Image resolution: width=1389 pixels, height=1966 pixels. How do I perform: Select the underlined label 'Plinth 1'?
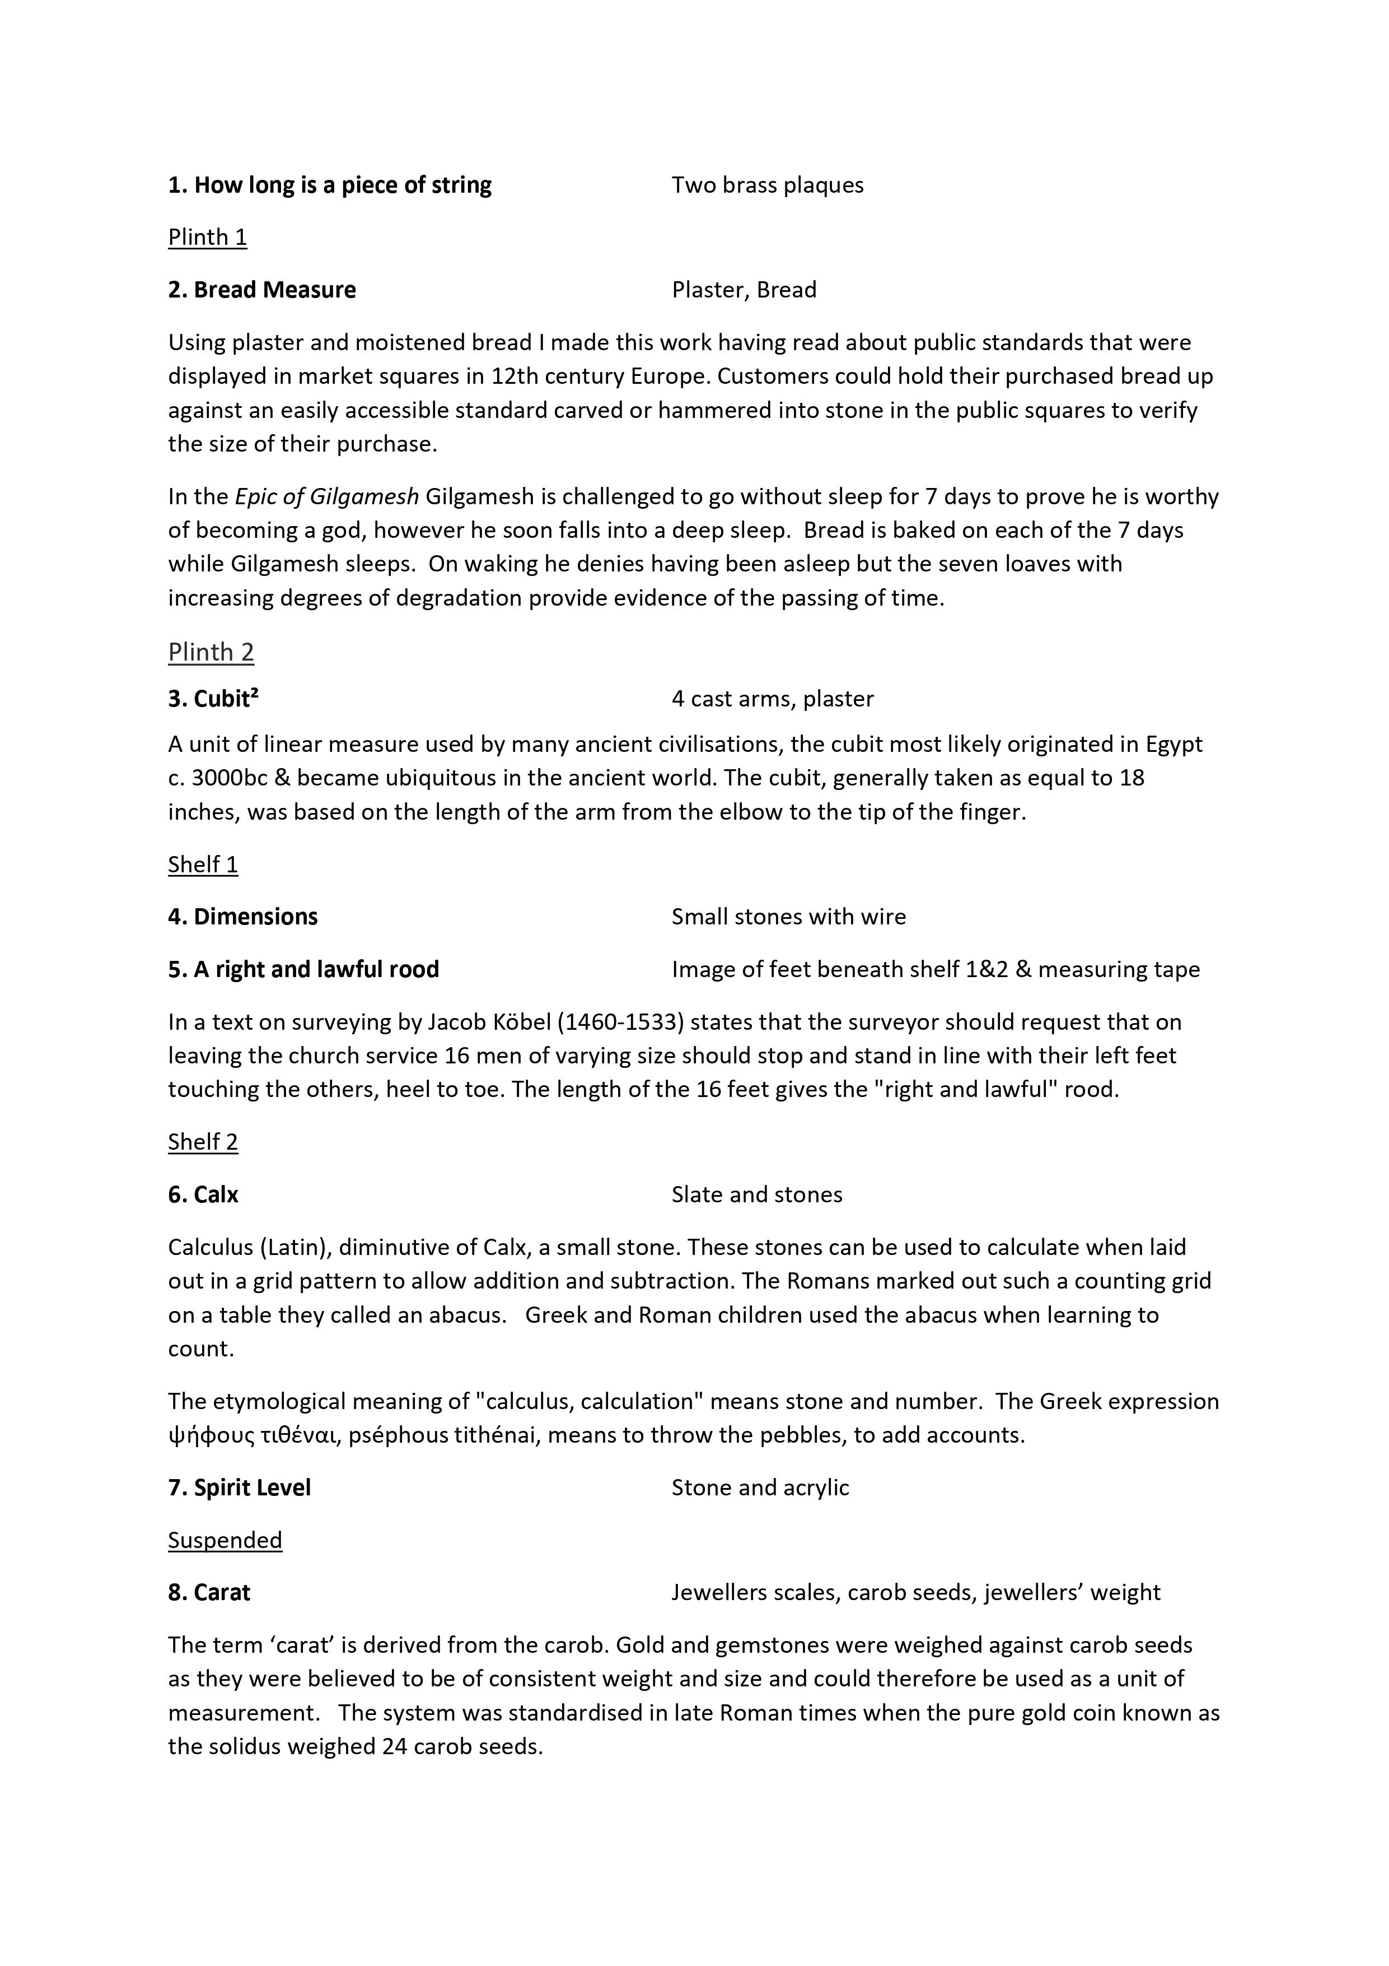(x=207, y=237)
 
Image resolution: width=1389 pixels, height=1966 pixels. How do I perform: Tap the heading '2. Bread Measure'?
(x=262, y=290)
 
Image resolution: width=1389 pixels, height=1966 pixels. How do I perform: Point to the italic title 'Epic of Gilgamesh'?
(x=327, y=496)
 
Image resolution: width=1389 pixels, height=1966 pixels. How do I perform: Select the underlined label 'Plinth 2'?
(x=211, y=653)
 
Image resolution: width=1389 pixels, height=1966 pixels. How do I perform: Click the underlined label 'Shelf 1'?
(x=203, y=865)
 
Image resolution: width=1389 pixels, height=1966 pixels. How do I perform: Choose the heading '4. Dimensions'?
(x=242, y=917)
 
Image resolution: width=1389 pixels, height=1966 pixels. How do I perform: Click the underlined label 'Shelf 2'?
(x=203, y=1142)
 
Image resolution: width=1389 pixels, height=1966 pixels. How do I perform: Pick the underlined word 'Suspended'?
(x=225, y=1540)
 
